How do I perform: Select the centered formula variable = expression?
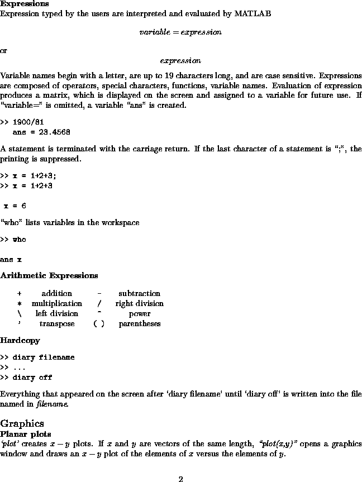[x=180, y=32]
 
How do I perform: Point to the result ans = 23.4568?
[x=41, y=132]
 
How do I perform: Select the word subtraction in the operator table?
[x=139, y=293]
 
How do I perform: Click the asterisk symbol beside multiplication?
[x=19, y=304]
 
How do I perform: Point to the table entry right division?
[x=139, y=303]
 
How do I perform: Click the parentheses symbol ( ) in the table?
[x=99, y=324]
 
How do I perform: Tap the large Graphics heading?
[x=22, y=423]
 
